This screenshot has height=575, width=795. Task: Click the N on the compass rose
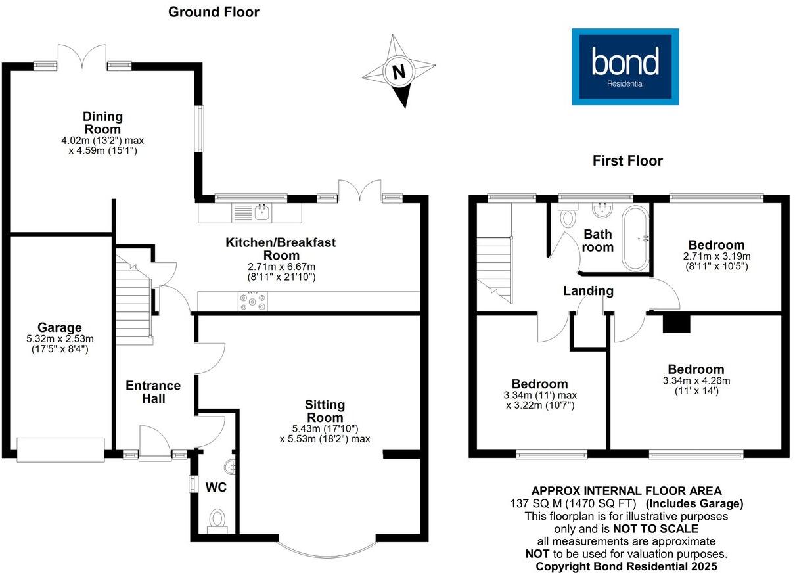[x=399, y=72]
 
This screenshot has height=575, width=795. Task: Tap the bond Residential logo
[x=625, y=67]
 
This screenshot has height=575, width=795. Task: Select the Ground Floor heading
[x=214, y=12]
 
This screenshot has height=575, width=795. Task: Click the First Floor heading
[x=627, y=161]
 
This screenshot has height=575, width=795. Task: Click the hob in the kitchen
[x=252, y=302]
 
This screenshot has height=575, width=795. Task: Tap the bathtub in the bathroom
[x=635, y=239]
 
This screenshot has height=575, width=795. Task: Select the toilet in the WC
[x=217, y=521]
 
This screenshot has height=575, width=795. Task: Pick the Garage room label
[x=60, y=327]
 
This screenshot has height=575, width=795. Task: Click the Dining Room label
[x=102, y=123]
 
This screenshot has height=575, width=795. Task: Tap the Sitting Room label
[x=325, y=411]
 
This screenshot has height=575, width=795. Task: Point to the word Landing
[x=589, y=291]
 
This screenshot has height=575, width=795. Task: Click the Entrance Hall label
[x=153, y=392]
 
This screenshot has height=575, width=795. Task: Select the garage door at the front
[x=60, y=449]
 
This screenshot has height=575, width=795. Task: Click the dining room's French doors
[x=82, y=56]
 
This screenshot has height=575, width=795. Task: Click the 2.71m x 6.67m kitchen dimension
[x=281, y=267]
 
